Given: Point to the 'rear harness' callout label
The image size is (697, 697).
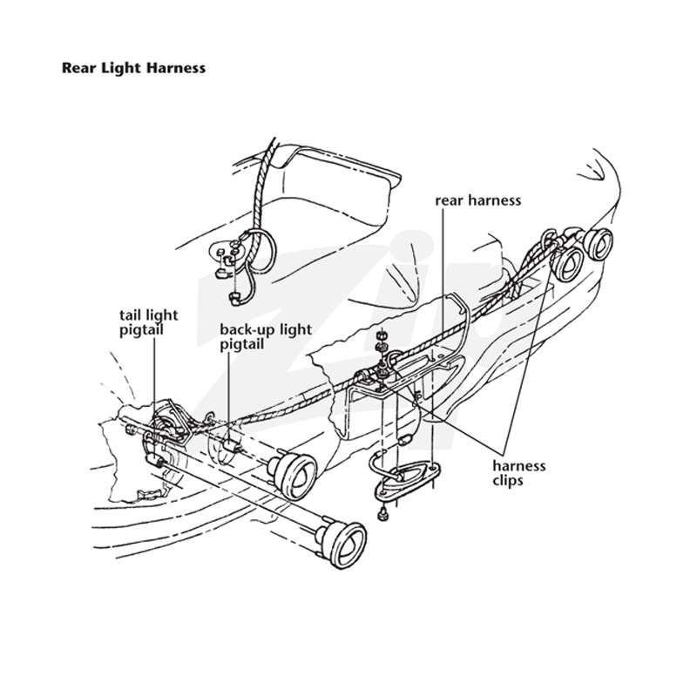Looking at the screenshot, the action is [477, 200].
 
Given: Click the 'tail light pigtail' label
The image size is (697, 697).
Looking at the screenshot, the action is [148, 322].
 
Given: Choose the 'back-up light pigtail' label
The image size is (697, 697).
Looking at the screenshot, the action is [266, 337].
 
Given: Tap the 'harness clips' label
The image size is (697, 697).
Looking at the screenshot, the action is [518, 473].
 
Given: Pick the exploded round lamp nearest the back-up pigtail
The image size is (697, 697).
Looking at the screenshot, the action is [294, 476].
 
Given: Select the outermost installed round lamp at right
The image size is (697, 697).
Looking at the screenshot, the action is [599, 247].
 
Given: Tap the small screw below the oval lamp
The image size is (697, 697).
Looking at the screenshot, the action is [382, 515].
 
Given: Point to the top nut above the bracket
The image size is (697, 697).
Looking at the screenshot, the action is [381, 335].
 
